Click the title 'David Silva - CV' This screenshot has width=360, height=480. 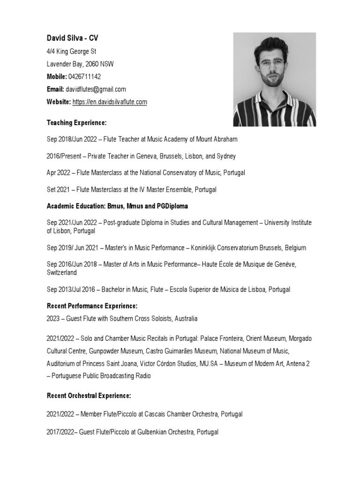point(72,38)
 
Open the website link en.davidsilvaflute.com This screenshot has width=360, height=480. point(109,102)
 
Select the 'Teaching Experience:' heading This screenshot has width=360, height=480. point(76,122)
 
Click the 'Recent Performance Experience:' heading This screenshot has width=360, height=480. point(92,306)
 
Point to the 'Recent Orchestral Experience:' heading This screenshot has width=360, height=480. point(89,396)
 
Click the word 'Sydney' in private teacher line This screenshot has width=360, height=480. point(225,156)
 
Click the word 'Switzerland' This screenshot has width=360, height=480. point(61,272)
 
